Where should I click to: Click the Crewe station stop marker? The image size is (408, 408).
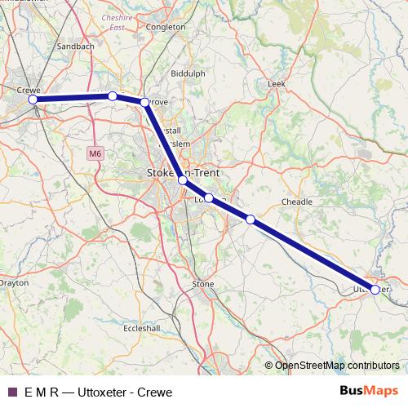coord(33,100)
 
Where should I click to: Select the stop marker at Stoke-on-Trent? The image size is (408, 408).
coord(183,180)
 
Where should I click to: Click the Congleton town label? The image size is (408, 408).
coord(166,27)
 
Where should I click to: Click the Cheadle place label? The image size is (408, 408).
coord(296,201)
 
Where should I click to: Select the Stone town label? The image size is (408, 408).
coord(202,284)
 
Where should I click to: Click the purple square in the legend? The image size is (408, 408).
coord(11,392)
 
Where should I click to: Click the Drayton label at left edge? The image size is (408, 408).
coord(13,283)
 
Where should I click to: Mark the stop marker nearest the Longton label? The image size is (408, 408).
coord(209,197)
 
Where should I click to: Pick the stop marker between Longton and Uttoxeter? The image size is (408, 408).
coord(251,219)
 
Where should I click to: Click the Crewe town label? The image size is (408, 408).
coord(29,89)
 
